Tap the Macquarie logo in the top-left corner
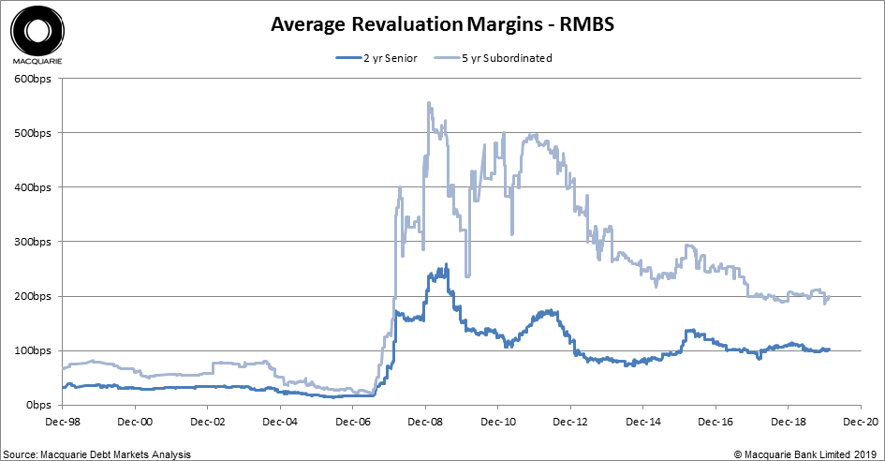point(37,36)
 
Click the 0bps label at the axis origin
point(39,405)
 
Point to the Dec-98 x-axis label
point(63,422)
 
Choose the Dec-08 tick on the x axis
point(425,422)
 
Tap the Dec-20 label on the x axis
point(860,422)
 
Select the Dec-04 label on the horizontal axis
point(280,422)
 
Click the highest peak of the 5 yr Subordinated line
point(428,103)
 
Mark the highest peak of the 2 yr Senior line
point(446,264)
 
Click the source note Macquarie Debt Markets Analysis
point(96,454)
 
